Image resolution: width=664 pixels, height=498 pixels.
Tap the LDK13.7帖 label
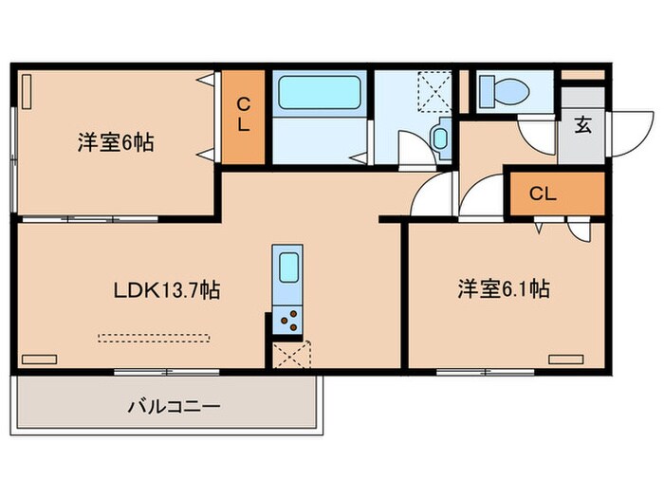click(x=167, y=290)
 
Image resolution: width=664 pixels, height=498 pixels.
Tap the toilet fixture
click(x=502, y=91)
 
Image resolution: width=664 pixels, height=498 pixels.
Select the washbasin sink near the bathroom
click(x=441, y=138)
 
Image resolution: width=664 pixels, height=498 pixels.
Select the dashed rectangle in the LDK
click(x=155, y=335)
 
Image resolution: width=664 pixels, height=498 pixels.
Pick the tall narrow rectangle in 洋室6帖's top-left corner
click(x=28, y=91)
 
